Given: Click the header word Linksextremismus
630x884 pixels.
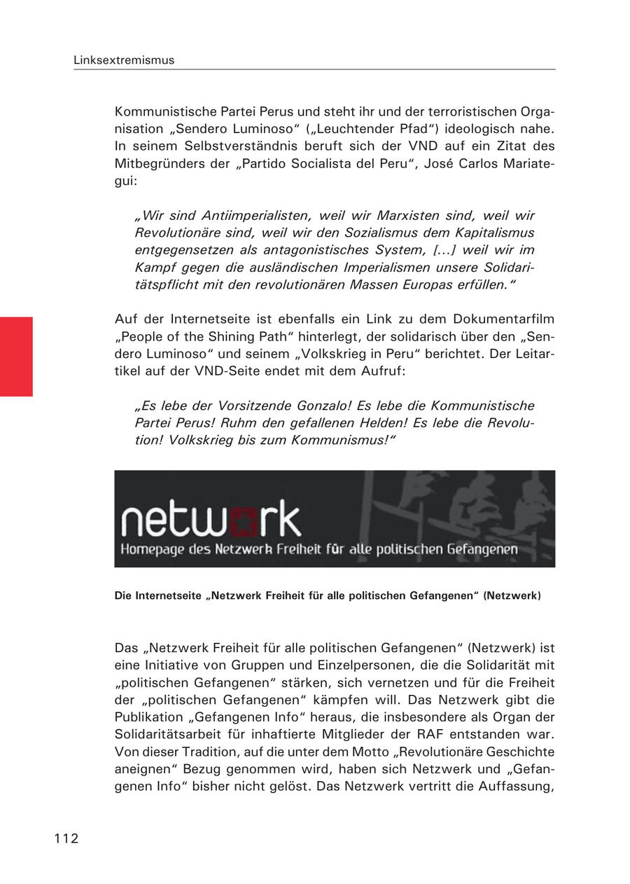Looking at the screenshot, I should (x=124, y=60).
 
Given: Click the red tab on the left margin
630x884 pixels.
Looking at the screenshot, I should (x=16, y=357).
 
